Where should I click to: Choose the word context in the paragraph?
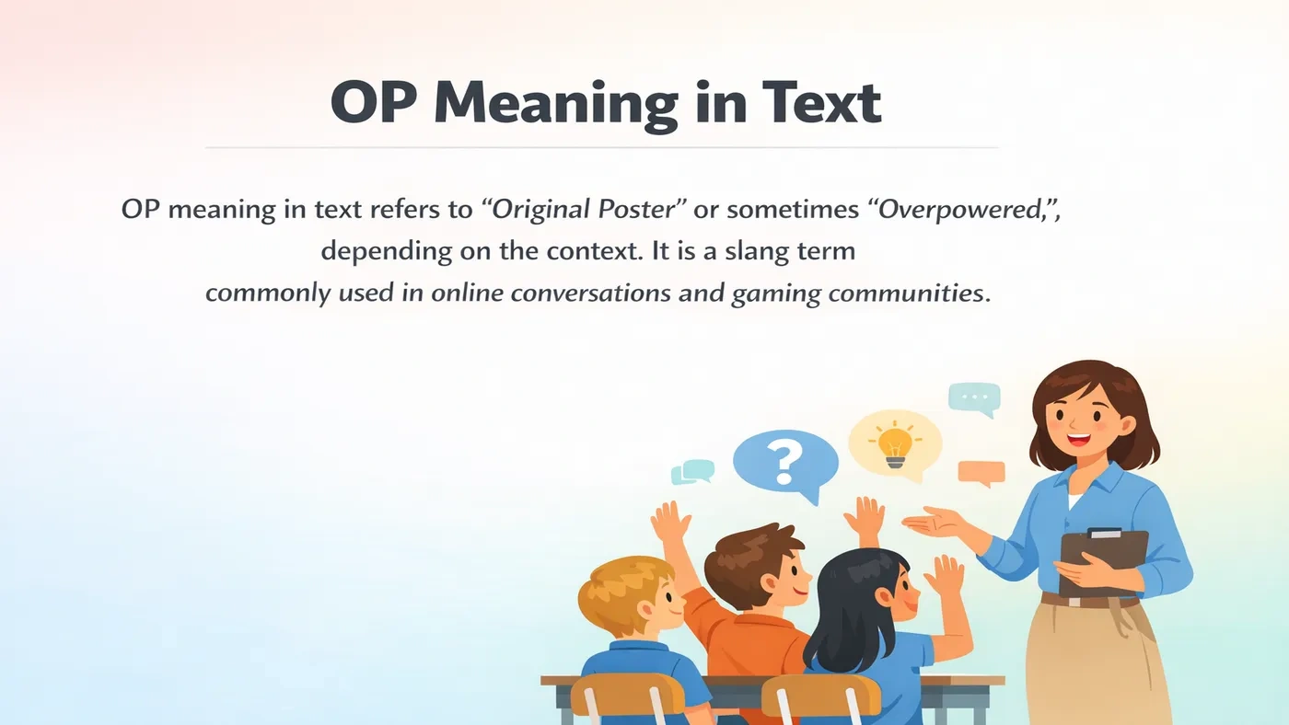point(573,250)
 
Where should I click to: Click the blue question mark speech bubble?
point(785,462)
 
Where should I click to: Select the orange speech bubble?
point(981,473)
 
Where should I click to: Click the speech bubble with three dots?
point(973,398)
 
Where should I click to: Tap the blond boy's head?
point(631,593)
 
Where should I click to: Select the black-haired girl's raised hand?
point(944,576)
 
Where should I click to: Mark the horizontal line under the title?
point(601,147)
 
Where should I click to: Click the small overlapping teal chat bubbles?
point(692,472)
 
